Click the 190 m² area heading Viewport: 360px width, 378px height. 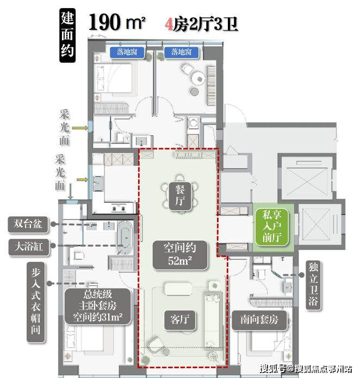(x=117, y=22)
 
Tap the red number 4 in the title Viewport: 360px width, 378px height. (x=169, y=24)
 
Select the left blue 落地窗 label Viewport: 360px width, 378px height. (x=127, y=52)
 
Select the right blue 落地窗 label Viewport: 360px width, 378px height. (x=181, y=52)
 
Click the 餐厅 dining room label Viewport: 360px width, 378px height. (x=180, y=196)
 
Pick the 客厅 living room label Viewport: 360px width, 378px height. (x=180, y=320)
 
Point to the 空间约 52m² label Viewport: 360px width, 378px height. (x=180, y=255)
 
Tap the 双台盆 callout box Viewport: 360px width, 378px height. (x=28, y=224)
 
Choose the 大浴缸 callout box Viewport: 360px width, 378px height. (x=29, y=247)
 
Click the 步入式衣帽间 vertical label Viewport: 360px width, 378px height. (x=35, y=302)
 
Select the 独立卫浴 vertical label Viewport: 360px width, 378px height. (x=313, y=285)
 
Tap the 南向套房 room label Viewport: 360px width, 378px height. (x=259, y=320)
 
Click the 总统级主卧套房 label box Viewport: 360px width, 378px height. (x=98, y=306)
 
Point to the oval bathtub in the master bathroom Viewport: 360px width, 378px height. (x=125, y=237)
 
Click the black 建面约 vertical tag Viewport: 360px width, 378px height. (x=67, y=35)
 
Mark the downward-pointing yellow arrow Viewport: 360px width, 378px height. (x=70, y=191)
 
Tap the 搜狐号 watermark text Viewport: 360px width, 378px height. (x=273, y=369)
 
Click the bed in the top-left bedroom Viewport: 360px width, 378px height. (x=113, y=78)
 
